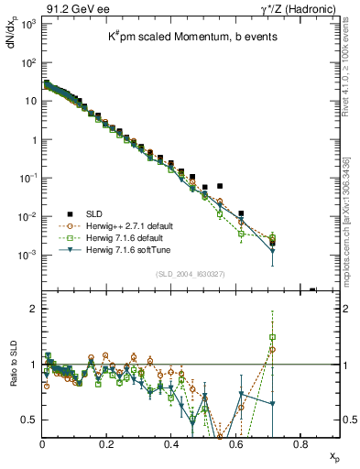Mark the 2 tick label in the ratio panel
33,309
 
